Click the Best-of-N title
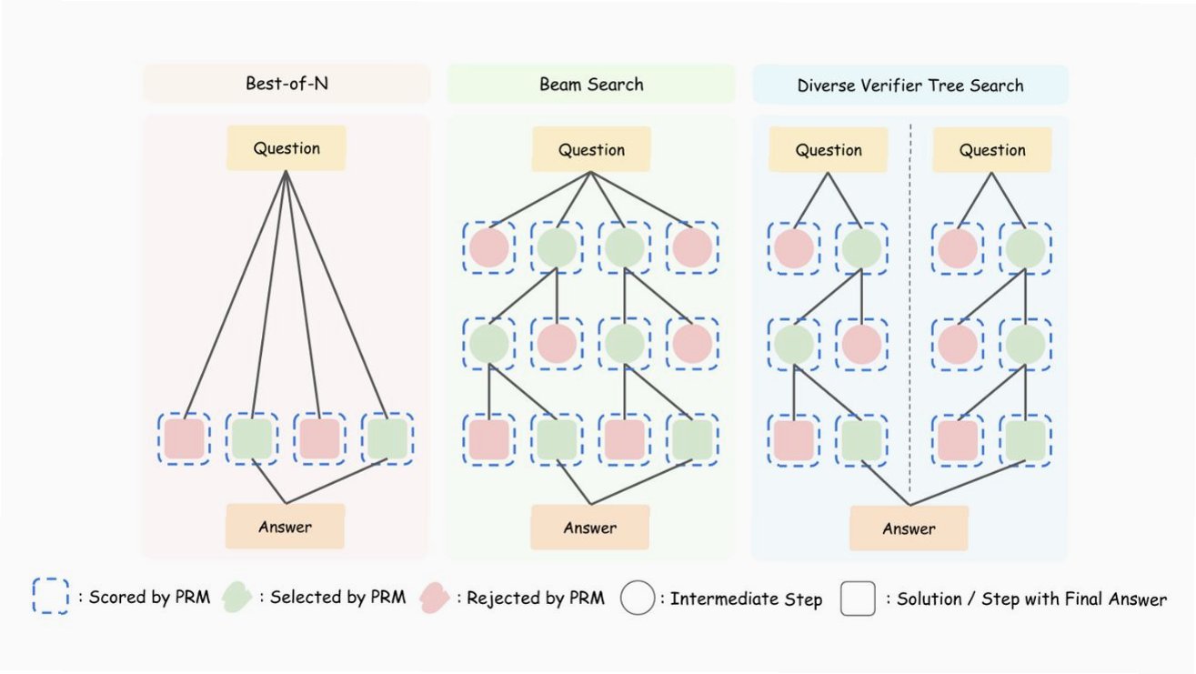pos(286,85)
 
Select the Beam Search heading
pos(591,85)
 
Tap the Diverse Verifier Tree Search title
pos(910,86)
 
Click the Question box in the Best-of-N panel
pos(286,148)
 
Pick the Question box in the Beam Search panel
pos(591,150)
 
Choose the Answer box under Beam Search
pos(590,528)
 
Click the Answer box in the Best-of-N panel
pos(286,526)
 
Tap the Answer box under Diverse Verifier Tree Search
pos(909,528)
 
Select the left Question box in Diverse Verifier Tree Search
pos(829,150)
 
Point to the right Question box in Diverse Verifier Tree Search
pos(992,150)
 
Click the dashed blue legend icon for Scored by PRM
pos(51,597)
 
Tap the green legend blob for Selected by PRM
pos(238,598)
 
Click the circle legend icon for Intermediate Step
pos(638,599)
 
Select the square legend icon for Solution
pos(858,599)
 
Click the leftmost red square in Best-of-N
pos(184,438)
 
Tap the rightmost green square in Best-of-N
pos(387,438)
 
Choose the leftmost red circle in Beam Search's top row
pos(488,247)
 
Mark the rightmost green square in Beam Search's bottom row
pos(692,439)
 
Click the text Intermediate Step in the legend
pos(746,599)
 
